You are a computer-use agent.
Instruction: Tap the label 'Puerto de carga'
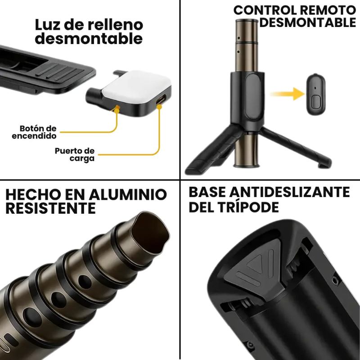(x=74, y=155)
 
